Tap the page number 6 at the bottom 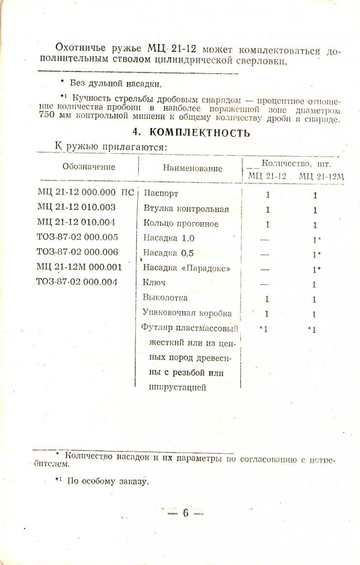point(185,513)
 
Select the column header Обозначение point(89,167)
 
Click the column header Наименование point(193,168)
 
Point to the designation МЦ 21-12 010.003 point(77,208)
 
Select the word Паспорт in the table point(161,194)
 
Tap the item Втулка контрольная point(186,210)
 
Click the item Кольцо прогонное point(181,224)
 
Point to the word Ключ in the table point(155,283)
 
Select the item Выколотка point(165,298)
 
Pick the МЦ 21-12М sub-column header point(321,176)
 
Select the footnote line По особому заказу point(107,482)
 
